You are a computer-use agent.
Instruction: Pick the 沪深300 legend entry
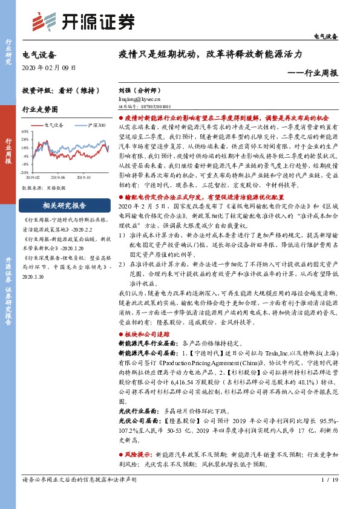pos(93,125)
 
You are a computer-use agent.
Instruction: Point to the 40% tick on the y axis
pos(25,131)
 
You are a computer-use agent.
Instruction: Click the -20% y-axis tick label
pos(25,172)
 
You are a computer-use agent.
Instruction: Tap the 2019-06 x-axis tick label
pos(57,178)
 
